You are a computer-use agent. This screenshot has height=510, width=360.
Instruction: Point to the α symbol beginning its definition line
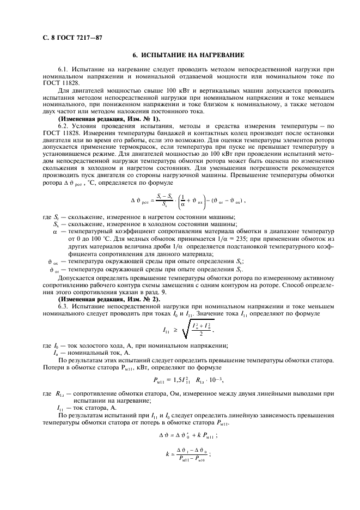coord(55,231)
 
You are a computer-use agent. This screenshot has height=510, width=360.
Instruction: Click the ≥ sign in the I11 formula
coord(176,330)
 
